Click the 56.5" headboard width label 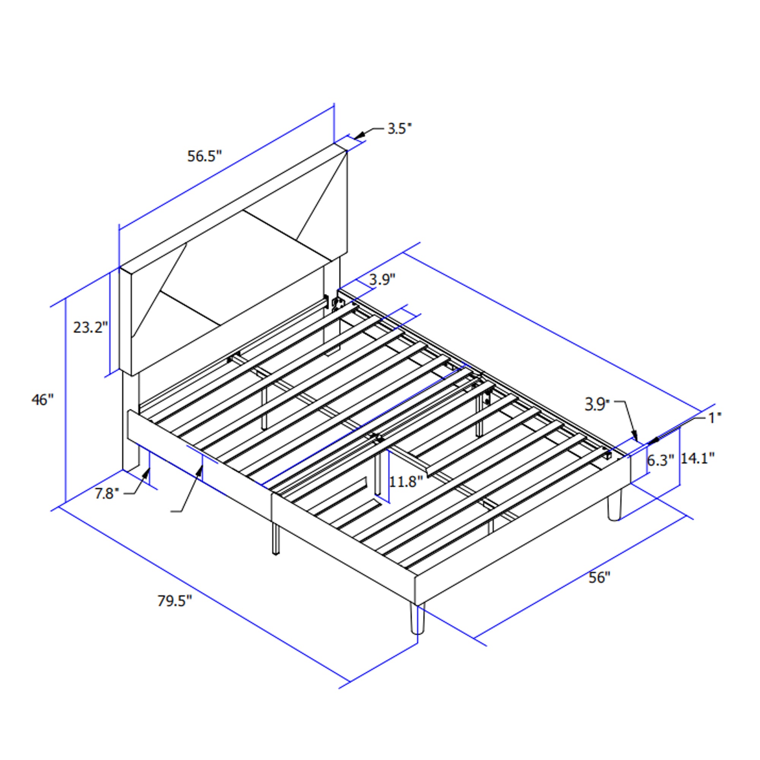(204, 156)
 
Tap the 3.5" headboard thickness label (399, 129)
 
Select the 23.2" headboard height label (90, 327)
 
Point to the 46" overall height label (42, 399)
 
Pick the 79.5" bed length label (175, 601)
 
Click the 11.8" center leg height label (405, 481)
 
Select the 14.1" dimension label (697, 458)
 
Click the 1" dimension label (715, 418)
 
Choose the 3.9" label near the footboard (597, 404)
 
